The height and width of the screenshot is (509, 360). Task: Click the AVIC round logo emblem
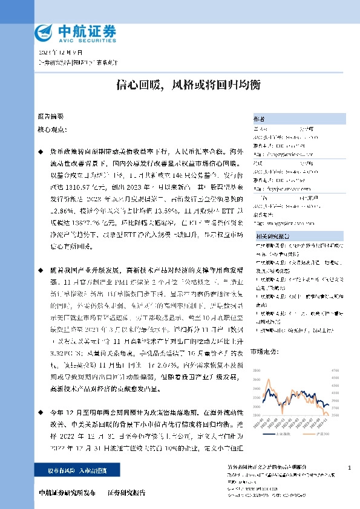click(46, 33)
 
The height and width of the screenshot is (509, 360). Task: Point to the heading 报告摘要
click(50, 115)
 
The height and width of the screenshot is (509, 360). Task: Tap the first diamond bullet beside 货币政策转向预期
click(41, 149)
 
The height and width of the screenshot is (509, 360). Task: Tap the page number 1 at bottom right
click(350, 468)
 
